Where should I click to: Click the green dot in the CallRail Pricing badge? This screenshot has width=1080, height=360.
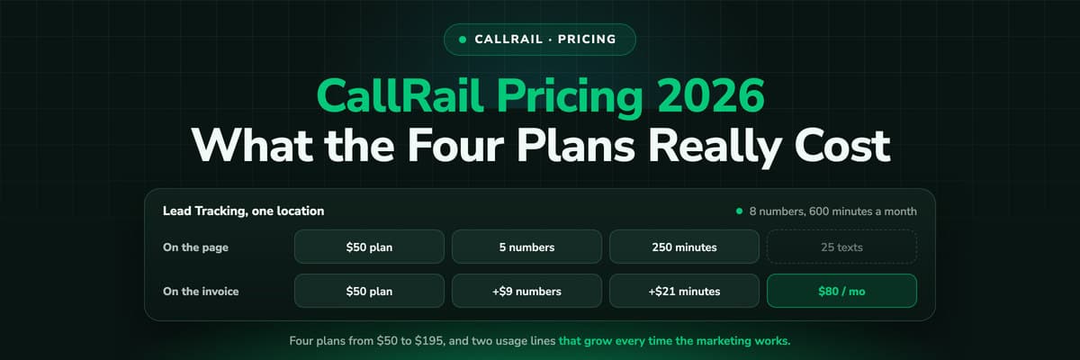point(463,40)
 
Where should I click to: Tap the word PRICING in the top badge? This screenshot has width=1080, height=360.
point(587,39)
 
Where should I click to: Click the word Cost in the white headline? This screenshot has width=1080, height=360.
point(841,145)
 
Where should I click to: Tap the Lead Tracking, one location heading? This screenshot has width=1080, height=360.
point(244,211)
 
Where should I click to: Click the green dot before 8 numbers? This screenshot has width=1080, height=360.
point(739,211)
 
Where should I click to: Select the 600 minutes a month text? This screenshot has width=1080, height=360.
point(862,211)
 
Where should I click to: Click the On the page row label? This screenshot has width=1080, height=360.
point(196,247)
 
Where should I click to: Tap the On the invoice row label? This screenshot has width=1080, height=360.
point(201,292)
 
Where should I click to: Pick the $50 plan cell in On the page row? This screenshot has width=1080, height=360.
point(369,247)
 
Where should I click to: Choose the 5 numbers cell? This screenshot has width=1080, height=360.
point(527,247)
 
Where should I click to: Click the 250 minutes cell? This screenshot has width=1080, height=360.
point(684,247)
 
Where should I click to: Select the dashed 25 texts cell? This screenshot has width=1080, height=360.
point(841,247)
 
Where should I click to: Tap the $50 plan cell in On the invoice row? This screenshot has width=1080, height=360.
point(369,291)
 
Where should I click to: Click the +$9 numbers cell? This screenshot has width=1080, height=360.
point(527,291)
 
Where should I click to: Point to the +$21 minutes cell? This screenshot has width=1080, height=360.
point(684,291)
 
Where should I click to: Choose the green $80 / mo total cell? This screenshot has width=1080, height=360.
point(841,291)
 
